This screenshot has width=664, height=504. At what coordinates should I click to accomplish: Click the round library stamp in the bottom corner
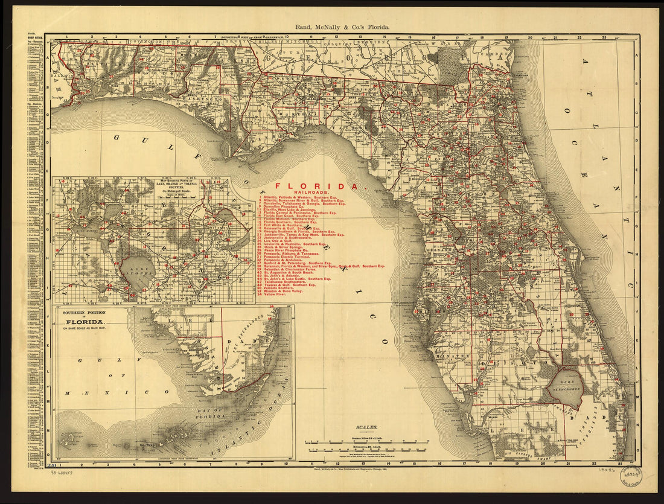pyautogui.click(x=633, y=477)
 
